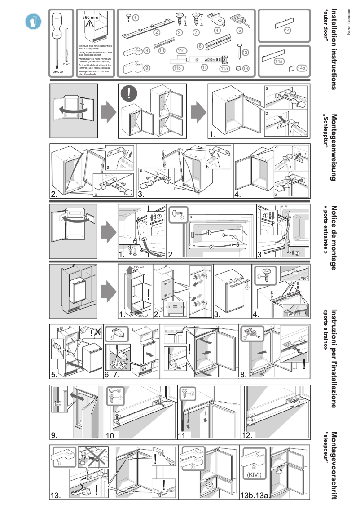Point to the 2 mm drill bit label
[67, 64]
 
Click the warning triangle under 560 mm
[90, 25]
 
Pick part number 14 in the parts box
[287, 30]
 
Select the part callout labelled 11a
[224, 69]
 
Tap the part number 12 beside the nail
[245, 53]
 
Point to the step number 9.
[54, 435]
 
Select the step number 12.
[247, 435]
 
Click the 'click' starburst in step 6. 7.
[119, 364]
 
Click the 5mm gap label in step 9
[57, 404]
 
